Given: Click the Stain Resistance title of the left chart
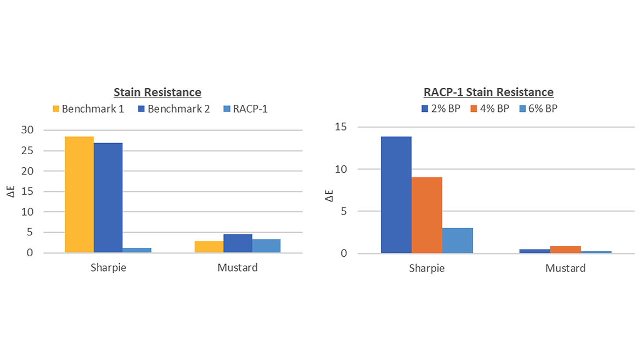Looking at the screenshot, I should click(157, 93).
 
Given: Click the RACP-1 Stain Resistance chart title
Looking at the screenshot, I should click(488, 93).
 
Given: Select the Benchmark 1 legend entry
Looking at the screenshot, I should click(88, 109).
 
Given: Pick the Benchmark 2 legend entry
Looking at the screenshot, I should click(173, 109).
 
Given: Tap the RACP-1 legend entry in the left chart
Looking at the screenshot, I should click(245, 109).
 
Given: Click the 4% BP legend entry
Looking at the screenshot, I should click(491, 109).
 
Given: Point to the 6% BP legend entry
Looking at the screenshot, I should click(538, 109).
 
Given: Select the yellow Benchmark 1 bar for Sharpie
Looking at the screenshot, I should click(79, 195).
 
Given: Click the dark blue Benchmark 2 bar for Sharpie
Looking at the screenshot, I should click(108, 198).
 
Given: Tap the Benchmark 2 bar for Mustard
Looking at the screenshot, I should click(238, 244).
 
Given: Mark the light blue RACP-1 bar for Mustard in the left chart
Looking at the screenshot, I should click(266, 246).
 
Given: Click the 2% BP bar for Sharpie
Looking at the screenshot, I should click(396, 195).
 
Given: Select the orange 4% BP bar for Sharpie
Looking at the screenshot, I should click(427, 215).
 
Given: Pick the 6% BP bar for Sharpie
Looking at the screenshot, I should click(458, 240).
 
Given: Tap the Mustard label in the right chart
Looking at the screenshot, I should click(565, 269).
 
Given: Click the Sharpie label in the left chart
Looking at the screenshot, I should click(108, 268).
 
